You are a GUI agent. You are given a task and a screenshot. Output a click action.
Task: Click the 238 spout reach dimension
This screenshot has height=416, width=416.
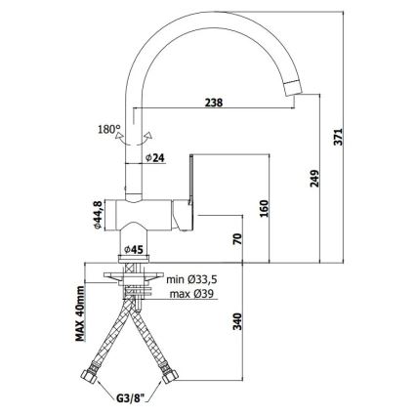coord(214,103)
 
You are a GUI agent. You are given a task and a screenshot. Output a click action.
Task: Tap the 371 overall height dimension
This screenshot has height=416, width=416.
coord(339,137)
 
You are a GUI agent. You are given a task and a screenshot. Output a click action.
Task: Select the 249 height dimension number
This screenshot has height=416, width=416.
coord(314,179)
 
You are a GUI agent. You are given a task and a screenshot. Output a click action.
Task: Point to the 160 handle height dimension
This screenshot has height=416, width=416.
coord(265,208)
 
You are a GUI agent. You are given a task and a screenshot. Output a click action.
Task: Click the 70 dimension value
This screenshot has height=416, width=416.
coord(238,239)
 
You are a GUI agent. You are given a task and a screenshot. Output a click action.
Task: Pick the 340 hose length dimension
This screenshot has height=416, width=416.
coord(238,321)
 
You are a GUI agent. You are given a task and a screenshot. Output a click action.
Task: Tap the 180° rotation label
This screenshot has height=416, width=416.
coord(109,129)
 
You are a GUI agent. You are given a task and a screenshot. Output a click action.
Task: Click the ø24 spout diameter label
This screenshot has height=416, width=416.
coord(155,158)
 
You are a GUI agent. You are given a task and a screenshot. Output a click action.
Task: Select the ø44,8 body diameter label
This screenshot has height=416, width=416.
coord(99,215)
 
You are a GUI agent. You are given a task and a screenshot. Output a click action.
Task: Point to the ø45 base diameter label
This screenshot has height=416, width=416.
coord(134,250)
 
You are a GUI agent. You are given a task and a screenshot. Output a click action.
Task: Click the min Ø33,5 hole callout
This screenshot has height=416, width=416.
coord(191,279)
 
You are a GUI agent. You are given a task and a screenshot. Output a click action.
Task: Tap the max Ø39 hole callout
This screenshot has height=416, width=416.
coord(191,294)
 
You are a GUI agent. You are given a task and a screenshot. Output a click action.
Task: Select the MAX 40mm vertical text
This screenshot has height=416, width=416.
coord(80,313)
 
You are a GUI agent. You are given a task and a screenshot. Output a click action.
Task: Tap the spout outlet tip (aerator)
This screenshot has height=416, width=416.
coord(294,88)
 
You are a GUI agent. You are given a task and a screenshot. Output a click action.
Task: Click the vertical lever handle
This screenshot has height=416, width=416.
coord(190,180)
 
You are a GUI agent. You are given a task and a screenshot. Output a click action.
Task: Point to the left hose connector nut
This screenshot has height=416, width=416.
coord(88,376)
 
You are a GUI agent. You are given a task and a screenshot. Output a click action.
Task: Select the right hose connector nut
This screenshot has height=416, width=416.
coord(170,376)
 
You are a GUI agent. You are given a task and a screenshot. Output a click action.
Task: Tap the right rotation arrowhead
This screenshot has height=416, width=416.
coord(148,135)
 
